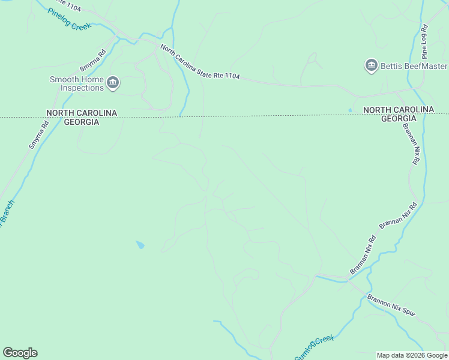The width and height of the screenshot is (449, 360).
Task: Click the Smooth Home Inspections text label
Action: click(x=77, y=83)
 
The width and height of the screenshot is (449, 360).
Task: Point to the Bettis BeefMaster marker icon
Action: click(x=371, y=65)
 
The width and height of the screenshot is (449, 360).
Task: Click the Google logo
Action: click(x=20, y=353)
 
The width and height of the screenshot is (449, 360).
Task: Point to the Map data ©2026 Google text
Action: click(x=412, y=355)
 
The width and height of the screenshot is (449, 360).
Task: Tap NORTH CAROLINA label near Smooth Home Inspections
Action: click(x=82, y=113)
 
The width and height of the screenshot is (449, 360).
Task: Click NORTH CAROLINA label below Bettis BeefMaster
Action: click(x=398, y=109)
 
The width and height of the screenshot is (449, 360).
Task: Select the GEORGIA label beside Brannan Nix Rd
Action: click(x=398, y=118)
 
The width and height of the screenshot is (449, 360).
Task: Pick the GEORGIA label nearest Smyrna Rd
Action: click(x=82, y=122)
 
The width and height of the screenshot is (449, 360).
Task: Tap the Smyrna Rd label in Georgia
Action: click(x=38, y=136)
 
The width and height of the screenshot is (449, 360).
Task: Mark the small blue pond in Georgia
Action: click(x=140, y=245)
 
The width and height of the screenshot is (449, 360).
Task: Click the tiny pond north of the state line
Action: click(x=350, y=110)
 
